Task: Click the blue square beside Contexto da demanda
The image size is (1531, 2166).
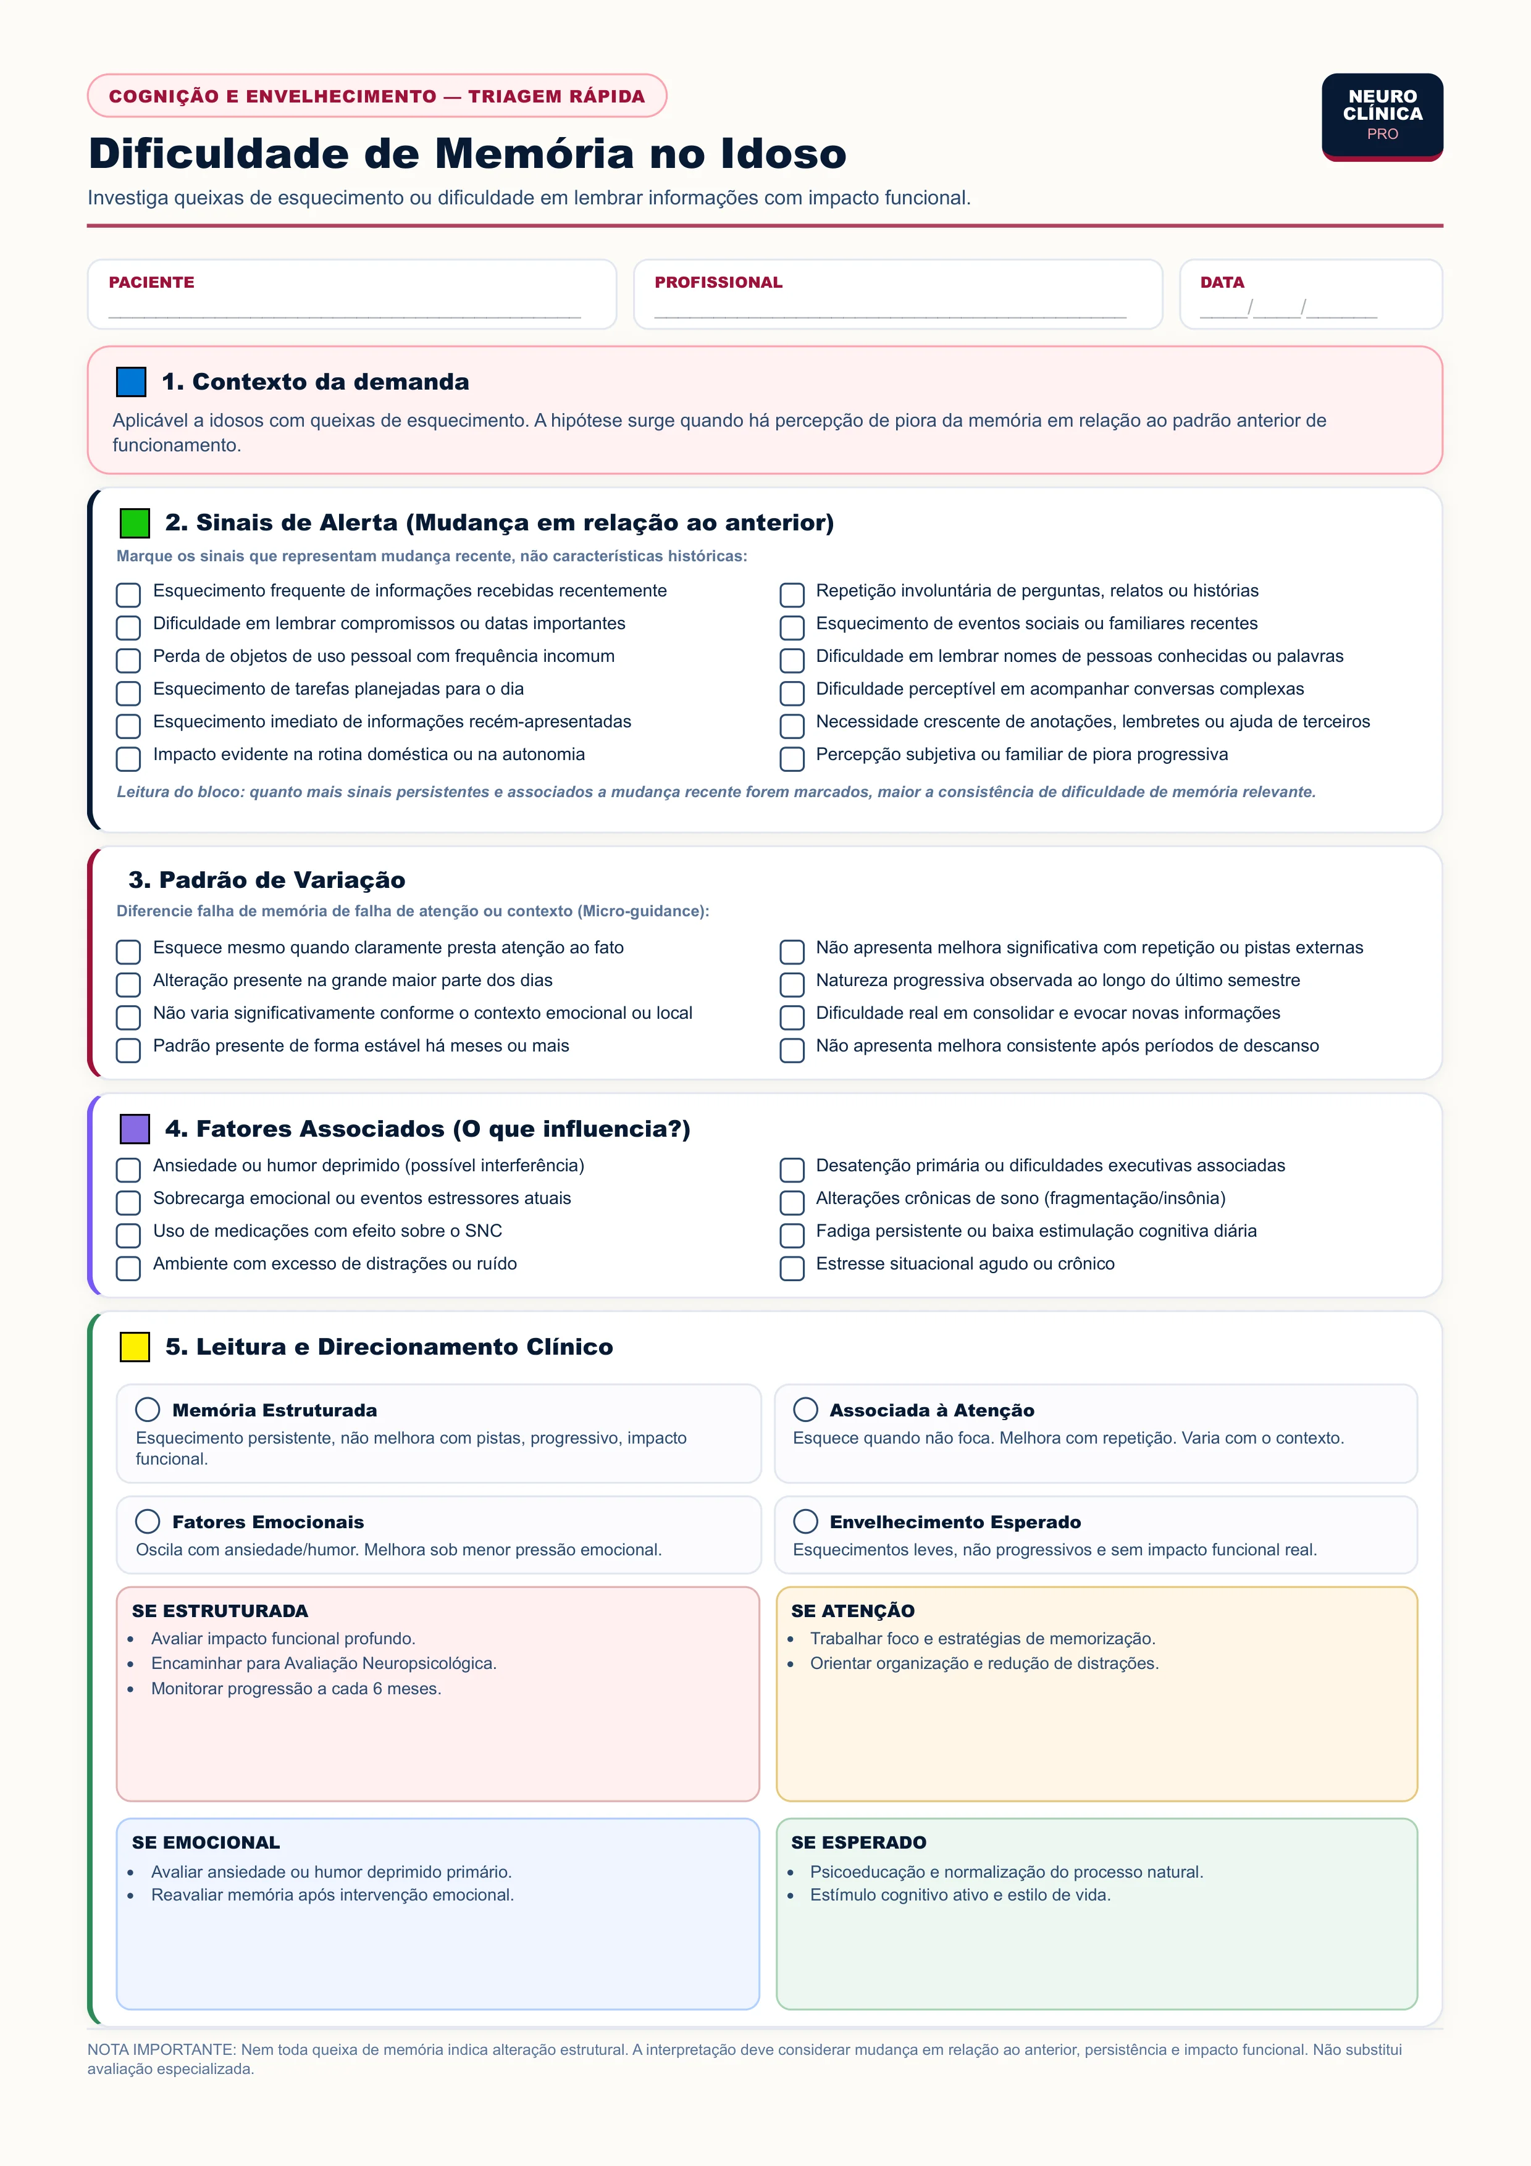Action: click(131, 382)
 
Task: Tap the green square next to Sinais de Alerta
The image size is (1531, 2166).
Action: click(135, 522)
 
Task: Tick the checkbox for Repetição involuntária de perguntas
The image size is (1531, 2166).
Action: click(792, 595)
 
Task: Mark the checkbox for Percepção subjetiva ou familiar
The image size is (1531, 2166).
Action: click(792, 758)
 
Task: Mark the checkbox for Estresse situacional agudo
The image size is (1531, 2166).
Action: click(792, 1268)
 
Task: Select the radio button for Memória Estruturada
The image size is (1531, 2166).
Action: click(147, 1410)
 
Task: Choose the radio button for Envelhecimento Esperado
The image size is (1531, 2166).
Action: click(805, 1521)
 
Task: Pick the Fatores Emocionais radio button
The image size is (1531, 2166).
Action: click(147, 1521)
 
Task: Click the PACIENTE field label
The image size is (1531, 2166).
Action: click(151, 282)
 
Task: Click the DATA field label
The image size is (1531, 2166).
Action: click(1222, 282)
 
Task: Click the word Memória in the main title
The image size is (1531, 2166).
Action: click(534, 154)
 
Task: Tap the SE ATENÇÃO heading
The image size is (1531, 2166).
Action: click(853, 1610)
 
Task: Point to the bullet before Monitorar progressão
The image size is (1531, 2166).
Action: click(131, 1689)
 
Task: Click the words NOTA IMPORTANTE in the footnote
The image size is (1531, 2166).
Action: click(161, 2049)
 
